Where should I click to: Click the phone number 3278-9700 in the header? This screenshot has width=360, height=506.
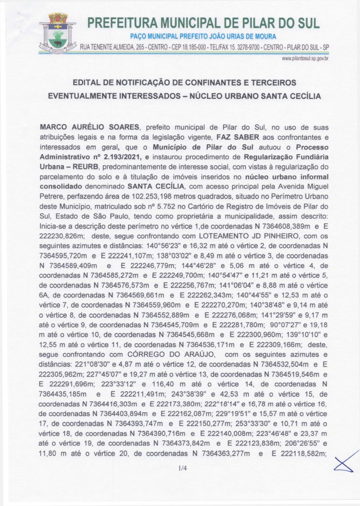pos(250,47)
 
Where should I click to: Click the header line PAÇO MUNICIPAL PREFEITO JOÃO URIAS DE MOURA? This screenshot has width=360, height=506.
pos(203,37)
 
